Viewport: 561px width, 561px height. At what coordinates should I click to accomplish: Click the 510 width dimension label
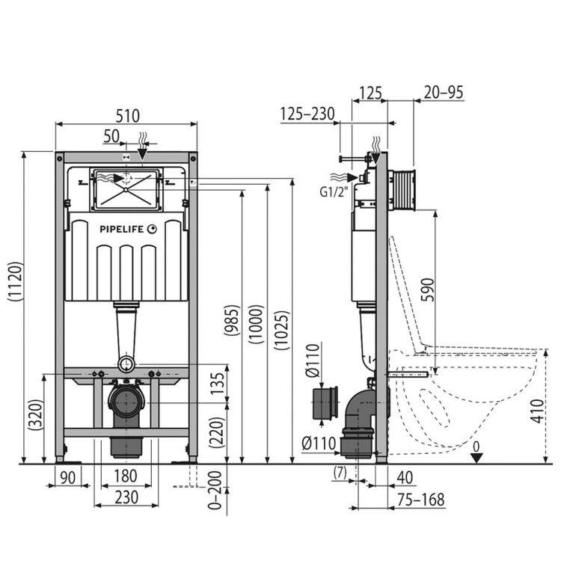tap(127, 116)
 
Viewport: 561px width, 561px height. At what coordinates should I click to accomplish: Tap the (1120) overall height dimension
tap(16, 281)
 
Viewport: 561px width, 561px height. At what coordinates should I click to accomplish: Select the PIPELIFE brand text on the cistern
tap(121, 230)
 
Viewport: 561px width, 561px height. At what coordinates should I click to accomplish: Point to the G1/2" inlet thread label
tap(334, 192)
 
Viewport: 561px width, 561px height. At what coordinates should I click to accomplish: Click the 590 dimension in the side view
tap(428, 289)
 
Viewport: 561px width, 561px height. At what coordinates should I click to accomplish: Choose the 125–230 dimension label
tap(307, 114)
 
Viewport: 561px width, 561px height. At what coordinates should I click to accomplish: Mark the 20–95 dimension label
tap(444, 92)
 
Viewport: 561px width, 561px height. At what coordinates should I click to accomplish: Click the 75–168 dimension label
tap(420, 500)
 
